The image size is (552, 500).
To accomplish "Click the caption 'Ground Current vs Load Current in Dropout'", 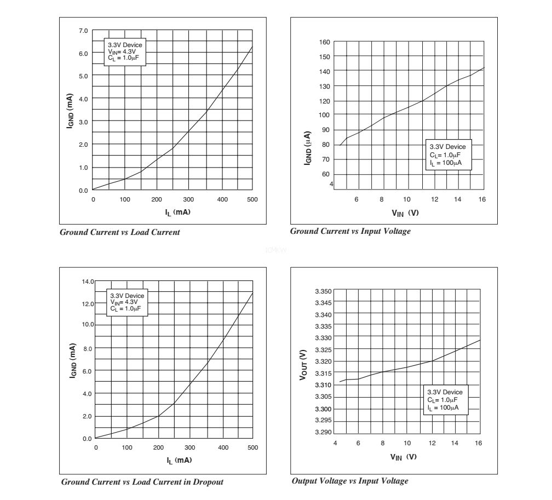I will coord(142,482).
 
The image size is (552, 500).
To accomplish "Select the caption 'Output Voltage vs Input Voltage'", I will coord(350,481).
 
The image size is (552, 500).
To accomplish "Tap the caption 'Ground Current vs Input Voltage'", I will coord(350,232).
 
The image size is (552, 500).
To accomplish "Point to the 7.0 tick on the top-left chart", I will coord(83,31).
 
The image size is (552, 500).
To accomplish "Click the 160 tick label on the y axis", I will coord(324,42).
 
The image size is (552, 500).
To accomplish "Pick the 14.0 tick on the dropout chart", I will coord(88,281).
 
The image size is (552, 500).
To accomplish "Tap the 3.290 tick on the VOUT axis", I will coord(323,433).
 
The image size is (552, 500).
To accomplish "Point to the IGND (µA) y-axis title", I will coord(309,148).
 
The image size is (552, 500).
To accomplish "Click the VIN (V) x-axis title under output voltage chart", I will coord(404,457).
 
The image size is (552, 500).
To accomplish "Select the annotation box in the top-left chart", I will coord(125,53).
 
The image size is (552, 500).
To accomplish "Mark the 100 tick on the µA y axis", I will coord(324,115).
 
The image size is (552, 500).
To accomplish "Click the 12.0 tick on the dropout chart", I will coord(88,303).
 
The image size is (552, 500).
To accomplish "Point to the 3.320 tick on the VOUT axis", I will coord(323,361).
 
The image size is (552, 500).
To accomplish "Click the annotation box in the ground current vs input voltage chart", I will coord(448,154).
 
